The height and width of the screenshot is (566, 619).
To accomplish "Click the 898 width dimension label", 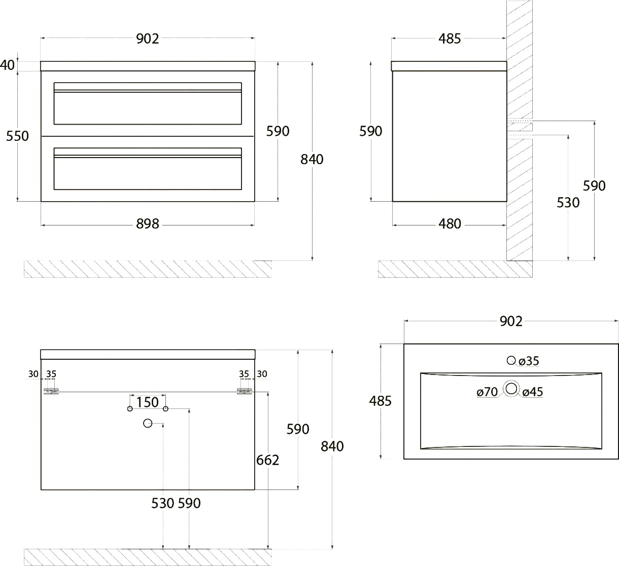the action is pyautogui.click(x=148, y=224).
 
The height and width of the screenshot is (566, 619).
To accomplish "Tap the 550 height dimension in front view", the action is pyautogui.click(x=17, y=136).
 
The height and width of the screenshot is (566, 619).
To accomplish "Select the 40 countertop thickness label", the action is pyautogui.click(x=7, y=65).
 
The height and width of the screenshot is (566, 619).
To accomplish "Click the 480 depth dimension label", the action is pyautogui.click(x=450, y=224).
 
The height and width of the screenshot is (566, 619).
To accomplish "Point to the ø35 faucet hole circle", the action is pyautogui.click(x=511, y=360).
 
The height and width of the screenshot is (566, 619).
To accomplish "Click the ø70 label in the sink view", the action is pyautogui.click(x=487, y=392).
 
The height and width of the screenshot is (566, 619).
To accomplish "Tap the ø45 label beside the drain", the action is pyautogui.click(x=533, y=392).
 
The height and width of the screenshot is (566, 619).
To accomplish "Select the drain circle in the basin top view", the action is pyautogui.click(x=511, y=389).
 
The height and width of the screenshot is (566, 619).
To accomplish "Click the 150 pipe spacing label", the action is pyautogui.click(x=148, y=402).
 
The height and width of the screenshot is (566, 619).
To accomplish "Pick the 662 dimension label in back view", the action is pyautogui.click(x=267, y=460).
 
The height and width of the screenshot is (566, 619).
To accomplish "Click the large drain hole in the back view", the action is pyautogui.click(x=148, y=423).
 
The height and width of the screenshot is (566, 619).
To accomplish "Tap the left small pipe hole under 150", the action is pyautogui.click(x=130, y=409).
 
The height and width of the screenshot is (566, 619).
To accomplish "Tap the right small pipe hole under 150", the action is pyautogui.click(x=165, y=409).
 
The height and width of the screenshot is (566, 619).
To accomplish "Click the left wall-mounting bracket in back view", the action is pyautogui.click(x=51, y=392).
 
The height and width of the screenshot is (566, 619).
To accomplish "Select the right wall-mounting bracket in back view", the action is pyautogui.click(x=245, y=392).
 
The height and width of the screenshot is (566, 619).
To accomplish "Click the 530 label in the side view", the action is pyautogui.click(x=568, y=203).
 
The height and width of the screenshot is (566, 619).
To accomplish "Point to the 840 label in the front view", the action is pyautogui.click(x=312, y=160).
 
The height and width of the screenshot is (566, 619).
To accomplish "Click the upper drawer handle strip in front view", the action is pyautogui.click(x=148, y=91).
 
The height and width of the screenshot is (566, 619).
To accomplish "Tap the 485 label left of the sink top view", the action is pyautogui.click(x=380, y=401).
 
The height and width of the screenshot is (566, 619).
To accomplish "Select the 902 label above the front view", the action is pyautogui.click(x=148, y=39).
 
